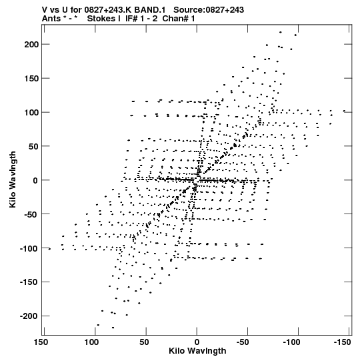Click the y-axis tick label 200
(x=32, y=44)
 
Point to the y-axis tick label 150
(x=32, y=78)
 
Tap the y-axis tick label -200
(x=29, y=316)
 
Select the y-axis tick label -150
(x=29, y=282)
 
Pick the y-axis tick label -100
(x=29, y=248)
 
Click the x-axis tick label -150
(x=342, y=342)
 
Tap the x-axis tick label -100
(x=292, y=342)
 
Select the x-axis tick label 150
(x=41, y=342)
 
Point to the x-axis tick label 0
(x=197, y=342)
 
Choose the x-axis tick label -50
(x=243, y=342)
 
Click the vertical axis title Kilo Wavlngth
(x=13, y=179)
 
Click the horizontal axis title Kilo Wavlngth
(x=197, y=351)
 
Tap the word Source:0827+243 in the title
(x=209, y=9)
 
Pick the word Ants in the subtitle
(x=51, y=19)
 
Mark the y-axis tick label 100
(x=32, y=112)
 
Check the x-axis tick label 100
(x=92, y=342)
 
